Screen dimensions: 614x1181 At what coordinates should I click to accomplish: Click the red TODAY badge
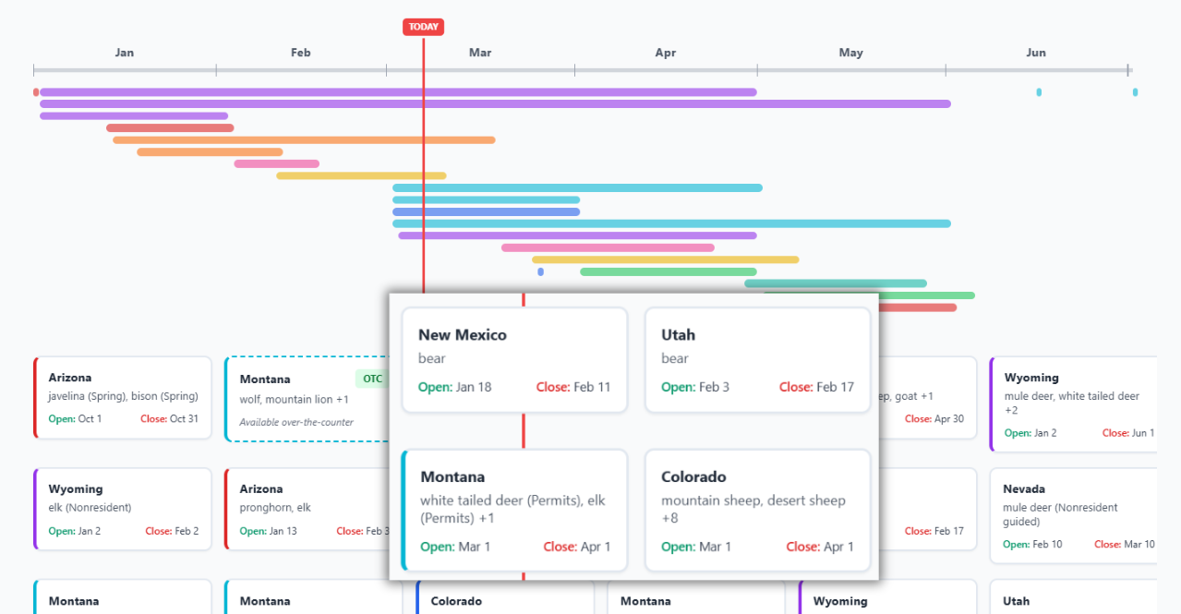pos(423,27)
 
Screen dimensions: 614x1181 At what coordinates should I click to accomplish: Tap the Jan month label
pos(125,53)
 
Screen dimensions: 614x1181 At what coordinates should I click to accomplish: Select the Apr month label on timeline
pos(666,53)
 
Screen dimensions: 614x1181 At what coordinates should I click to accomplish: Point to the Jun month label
pos(1036,53)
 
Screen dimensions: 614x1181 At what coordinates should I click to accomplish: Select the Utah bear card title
pos(678,334)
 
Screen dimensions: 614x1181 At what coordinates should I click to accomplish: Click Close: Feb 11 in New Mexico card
pos(573,387)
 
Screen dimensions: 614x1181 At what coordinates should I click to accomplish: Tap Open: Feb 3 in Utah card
pos(695,387)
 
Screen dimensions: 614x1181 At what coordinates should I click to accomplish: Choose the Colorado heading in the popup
pos(693,476)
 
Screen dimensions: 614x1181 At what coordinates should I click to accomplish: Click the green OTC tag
pos(372,379)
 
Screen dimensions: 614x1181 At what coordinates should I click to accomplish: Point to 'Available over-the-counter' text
pos(296,422)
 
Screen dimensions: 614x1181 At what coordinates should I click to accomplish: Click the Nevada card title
pos(1024,488)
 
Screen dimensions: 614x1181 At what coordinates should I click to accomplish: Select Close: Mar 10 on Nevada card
pos(1124,544)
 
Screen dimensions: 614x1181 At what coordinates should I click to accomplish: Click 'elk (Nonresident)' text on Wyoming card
pos(90,507)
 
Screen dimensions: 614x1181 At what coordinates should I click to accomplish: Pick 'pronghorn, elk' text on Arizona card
pos(275,507)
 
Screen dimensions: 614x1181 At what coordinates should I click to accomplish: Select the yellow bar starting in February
pos(361,175)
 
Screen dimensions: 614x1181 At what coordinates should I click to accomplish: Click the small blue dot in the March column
pos(540,271)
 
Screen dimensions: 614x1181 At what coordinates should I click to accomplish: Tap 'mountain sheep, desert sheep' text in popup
pos(753,500)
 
